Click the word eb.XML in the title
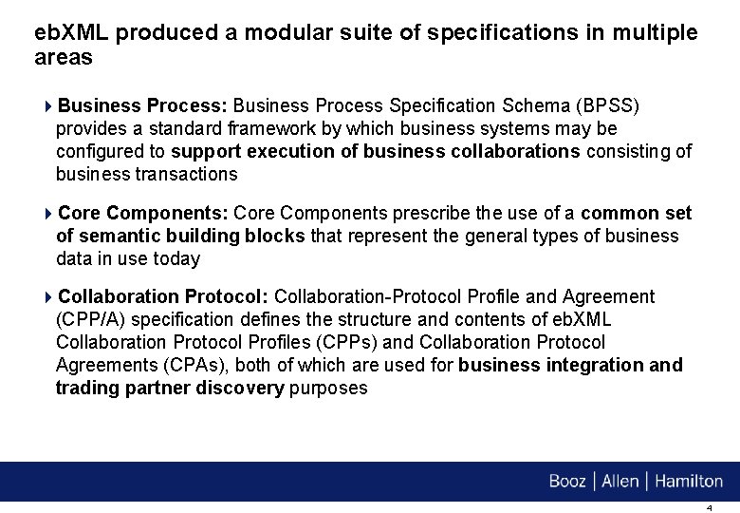click(x=71, y=33)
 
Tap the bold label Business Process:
click(x=142, y=104)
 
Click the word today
click(x=179, y=258)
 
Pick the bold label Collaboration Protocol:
click(x=163, y=297)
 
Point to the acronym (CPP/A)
click(x=93, y=320)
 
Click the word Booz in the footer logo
click(x=567, y=482)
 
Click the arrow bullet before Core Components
click(x=49, y=213)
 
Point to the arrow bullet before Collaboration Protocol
click(x=49, y=297)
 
